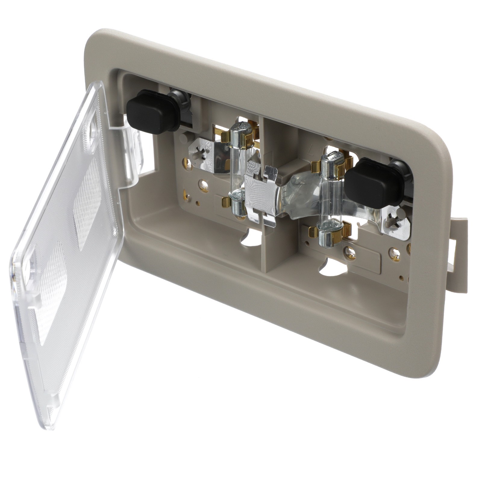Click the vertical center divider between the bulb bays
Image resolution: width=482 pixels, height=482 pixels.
point(273,241)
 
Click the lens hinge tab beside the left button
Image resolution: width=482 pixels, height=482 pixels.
point(133,145)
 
